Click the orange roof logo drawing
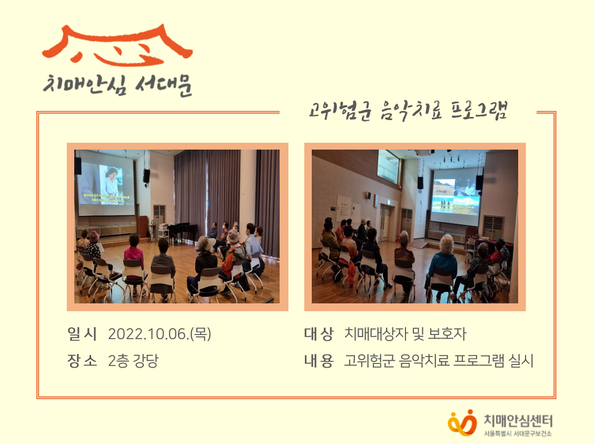117,46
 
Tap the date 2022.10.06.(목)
159,334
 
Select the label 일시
82,334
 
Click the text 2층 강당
133,361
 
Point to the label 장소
82,361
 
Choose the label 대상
319,334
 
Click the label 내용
319,361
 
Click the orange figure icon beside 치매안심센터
461,421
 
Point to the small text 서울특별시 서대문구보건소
518,433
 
